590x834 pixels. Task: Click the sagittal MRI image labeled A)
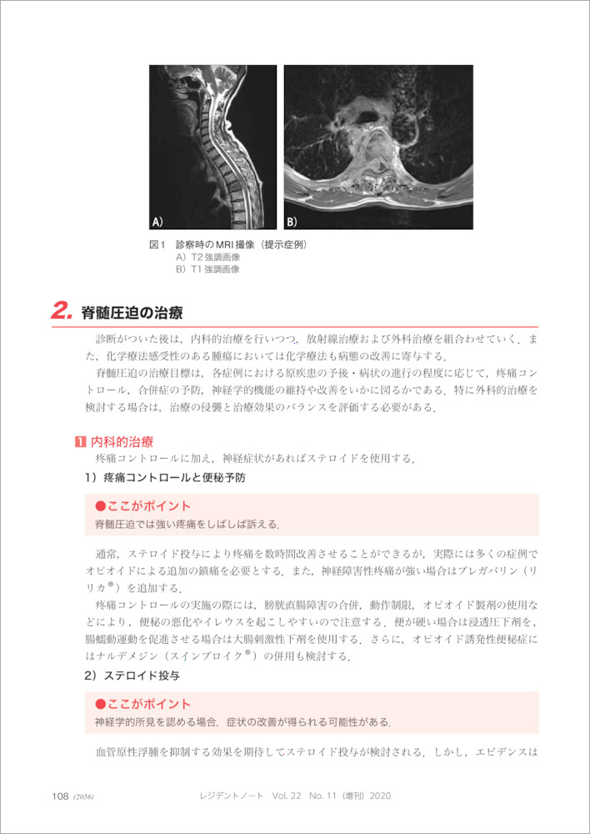(x=212, y=147)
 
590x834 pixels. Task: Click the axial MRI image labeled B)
(x=378, y=147)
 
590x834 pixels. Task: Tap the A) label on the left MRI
(x=157, y=222)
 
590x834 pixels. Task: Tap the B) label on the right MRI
(x=292, y=222)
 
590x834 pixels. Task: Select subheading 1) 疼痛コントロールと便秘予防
(x=164, y=479)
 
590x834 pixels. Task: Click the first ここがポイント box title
(x=143, y=506)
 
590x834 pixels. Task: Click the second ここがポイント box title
(x=143, y=704)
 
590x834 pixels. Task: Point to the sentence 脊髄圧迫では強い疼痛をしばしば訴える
(x=187, y=525)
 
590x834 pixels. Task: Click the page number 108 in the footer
(x=59, y=796)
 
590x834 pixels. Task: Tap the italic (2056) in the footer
(x=83, y=797)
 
